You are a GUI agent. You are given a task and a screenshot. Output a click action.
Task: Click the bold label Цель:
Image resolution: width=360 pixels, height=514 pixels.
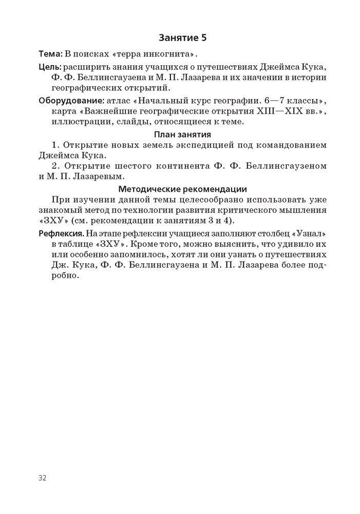pos(50,67)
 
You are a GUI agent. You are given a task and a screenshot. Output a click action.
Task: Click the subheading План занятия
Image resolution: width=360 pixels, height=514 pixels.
pos(183,135)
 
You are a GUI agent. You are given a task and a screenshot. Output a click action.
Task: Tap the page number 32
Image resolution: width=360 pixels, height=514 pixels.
pos(43,478)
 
